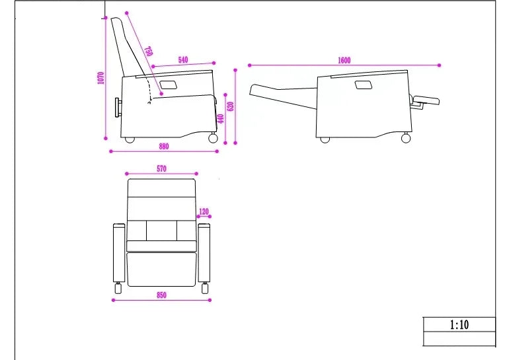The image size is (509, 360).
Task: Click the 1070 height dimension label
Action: coord(101,78)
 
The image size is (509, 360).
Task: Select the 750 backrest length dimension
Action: coord(148,52)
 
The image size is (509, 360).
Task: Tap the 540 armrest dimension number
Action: coord(183,59)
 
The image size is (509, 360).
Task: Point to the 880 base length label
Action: coord(164,146)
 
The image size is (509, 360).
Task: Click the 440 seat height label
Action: coord(221,119)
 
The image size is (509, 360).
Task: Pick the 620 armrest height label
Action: coord(231,106)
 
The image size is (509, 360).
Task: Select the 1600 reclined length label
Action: coord(344,60)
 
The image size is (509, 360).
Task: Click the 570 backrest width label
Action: coord(162,168)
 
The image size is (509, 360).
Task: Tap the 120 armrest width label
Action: coord(204,212)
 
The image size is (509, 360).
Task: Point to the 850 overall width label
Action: coord(162,295)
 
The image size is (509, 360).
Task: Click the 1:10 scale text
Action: coord(459,324)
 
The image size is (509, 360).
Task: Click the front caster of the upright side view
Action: coord(213,138)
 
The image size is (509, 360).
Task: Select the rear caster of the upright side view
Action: coord(130,140)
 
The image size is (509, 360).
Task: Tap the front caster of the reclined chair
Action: coord(406,138)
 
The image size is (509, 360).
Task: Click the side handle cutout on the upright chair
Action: coord(169,85)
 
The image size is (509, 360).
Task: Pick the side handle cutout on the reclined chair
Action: coord(364,85)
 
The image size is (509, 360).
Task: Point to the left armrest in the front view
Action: coord(119,252)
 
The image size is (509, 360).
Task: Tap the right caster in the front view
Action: coord(205,288)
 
